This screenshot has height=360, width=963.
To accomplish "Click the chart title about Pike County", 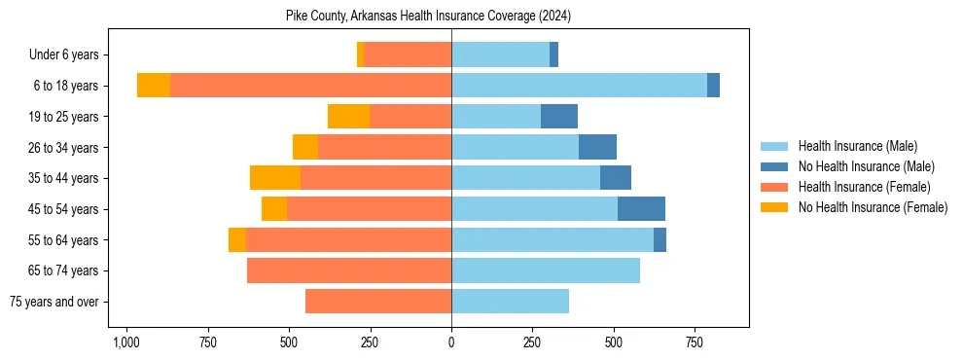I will tap(428, 17).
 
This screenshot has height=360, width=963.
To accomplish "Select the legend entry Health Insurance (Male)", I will tap(857, 146).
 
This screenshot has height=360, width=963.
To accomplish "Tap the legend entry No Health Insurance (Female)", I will tap(873, 207).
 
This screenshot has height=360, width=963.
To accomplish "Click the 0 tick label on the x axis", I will tap(451, 342).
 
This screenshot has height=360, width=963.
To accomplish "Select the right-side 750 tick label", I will tap(695, 342).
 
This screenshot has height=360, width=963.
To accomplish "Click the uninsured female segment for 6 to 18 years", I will tap(154, 86).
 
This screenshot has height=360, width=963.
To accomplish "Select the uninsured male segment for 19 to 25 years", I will tap(559, 117).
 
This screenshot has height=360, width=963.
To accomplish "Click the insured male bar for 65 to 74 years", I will tap(546, 270).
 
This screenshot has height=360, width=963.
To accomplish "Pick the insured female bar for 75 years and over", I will tap(378, 302).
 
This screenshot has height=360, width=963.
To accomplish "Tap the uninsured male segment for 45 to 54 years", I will tap(641, 209).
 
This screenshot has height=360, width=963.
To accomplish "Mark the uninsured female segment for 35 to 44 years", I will tap(275, 178).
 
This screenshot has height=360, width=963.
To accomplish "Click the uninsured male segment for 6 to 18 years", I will tap(713, 86).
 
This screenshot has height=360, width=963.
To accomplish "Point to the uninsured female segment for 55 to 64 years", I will tap(237, 240).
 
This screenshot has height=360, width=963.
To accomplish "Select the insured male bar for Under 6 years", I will tap(500, 54).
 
